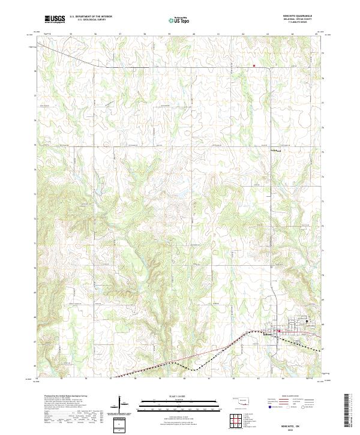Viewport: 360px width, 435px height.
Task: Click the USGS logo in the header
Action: pyautogui.click(x=55, y=19)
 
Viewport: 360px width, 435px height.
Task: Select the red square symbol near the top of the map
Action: pyautogui.click(x=254, y=65)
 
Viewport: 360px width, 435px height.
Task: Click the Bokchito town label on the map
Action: pyautogui.click(x=268, y=332)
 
